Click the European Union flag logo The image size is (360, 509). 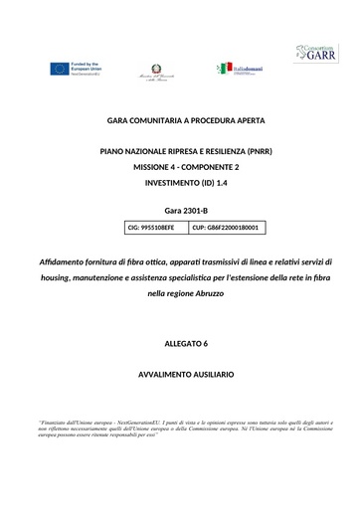click(x=60, y=68)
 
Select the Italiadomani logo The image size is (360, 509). click(x=239, y=68)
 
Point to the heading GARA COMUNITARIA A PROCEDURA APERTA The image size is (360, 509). click(x=185, y=120)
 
